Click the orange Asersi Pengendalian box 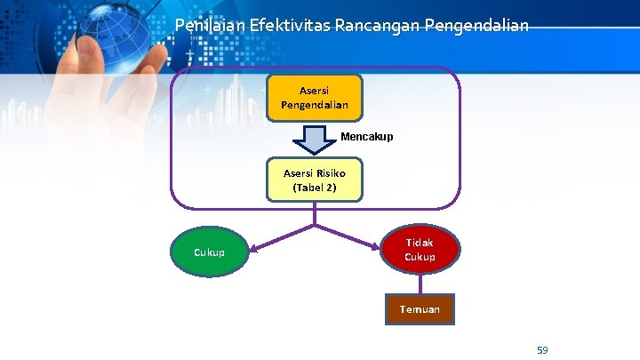(315, 97)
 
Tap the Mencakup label (366, 137)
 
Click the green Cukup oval (210, 252)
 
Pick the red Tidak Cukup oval (420, 250)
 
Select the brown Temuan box (420, 308)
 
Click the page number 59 (542, 350)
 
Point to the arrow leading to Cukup (276, 239)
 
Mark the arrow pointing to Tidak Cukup (351, 237)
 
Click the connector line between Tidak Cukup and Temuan (420, 284)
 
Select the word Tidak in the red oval (420, 243)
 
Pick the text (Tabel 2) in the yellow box (315, 188)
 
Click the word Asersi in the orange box (315, 90)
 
